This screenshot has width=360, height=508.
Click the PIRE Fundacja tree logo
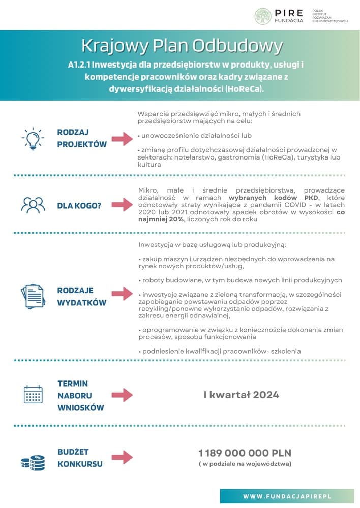263,16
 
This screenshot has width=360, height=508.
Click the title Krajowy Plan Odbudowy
182,46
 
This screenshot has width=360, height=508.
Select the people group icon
33,205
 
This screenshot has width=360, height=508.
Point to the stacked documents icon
33,296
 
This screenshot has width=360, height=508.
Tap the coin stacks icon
33,462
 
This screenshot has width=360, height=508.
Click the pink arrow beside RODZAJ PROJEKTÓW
122,138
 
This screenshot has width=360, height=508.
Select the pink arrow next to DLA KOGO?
122,205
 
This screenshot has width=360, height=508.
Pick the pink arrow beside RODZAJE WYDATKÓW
122,296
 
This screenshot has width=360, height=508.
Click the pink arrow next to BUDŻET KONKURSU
122,457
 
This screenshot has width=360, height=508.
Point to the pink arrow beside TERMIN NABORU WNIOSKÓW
122,395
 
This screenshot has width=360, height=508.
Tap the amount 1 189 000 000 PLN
245,453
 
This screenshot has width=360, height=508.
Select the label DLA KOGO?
79,205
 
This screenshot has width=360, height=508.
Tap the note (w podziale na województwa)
245,464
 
